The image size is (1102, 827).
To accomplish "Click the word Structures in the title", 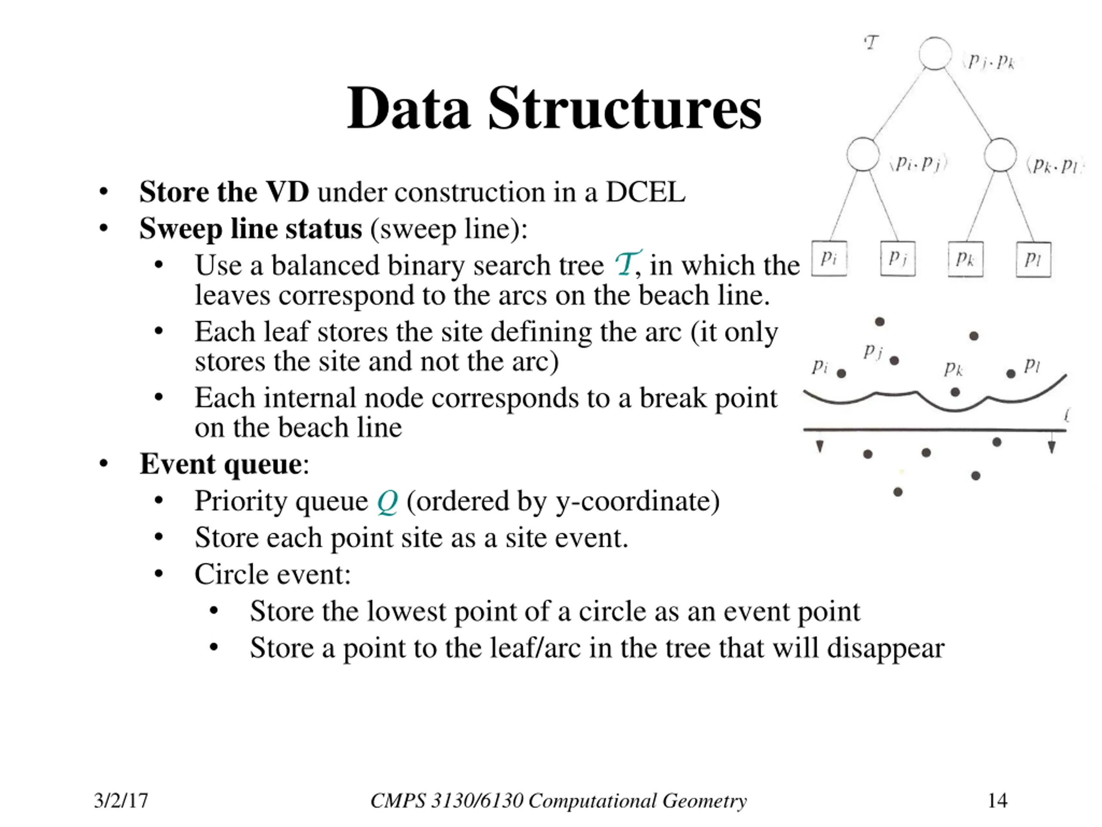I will point(625,108).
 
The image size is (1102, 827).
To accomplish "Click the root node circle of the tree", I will point(935,53).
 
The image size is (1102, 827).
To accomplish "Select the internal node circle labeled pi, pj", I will point(863,155).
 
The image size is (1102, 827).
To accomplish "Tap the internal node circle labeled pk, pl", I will point(1000,155).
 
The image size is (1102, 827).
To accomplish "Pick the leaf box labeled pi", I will point(829,259).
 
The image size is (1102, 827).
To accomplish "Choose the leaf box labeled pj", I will point(898,259).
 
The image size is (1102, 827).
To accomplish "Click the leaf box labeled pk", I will point(966,259).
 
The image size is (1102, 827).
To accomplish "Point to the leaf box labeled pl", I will point(1033,259).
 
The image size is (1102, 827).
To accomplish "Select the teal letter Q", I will point(387,501).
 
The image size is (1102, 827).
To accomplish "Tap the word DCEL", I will point(645,192).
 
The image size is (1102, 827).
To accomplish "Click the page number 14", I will point(997,801).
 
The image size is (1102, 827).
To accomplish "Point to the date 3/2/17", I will point(121,801).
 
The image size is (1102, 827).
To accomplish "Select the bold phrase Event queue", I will point(221,464).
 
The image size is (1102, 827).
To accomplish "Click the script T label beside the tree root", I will point(871,43).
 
